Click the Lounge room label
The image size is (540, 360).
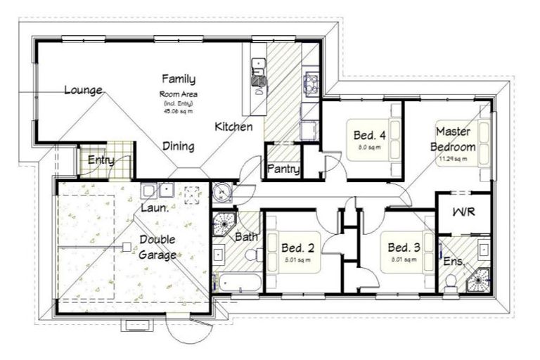pos(84,90)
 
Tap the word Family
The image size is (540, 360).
pos(179,79)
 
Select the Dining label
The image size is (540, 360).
pos(179,146)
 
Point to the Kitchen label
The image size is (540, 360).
pos(233,127)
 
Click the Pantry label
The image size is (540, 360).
pos(283,169)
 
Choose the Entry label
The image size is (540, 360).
pos(101,160)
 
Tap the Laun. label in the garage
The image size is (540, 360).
pos(155,208)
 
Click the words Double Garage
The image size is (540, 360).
pos(157,247)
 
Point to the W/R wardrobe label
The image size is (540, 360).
pos(463,211)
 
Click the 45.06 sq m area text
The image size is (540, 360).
pos(178,110)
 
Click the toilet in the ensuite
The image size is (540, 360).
pos(452,283)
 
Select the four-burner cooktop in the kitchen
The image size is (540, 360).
pos(311,84)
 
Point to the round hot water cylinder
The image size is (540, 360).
pos(223,191)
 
